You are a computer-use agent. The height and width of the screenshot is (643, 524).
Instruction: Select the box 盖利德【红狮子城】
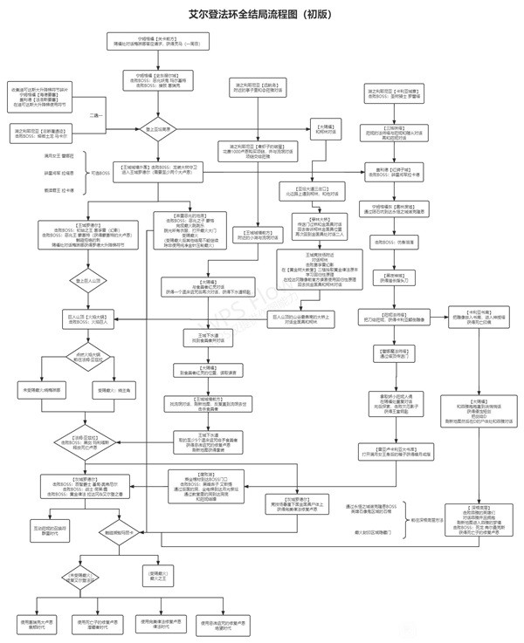(x=401, y=171)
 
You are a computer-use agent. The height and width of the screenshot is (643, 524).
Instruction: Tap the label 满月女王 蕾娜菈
(x=45, y=156)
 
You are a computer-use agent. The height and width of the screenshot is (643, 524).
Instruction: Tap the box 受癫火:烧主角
(x=113, y=389)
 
